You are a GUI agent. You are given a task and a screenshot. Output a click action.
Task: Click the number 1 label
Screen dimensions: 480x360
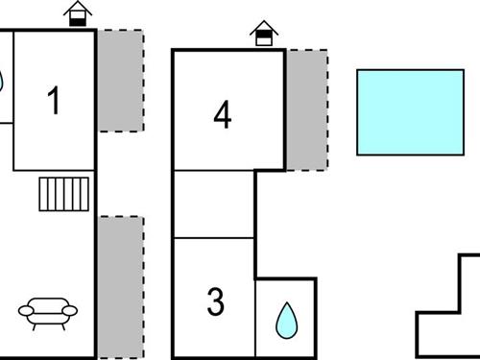pos(55,100)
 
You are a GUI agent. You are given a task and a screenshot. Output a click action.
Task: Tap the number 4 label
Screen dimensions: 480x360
pos(223,115)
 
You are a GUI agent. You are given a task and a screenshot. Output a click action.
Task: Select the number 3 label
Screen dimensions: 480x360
pos(216,302)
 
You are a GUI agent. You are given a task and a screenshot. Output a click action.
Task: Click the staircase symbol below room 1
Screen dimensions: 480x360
pos(65,194)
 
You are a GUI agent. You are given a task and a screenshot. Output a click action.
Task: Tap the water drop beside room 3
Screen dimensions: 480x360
pos(285,321)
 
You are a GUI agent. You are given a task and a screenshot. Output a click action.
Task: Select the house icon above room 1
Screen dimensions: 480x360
pos(79,13)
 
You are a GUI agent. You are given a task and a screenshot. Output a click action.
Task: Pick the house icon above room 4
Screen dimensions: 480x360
pos(263,35)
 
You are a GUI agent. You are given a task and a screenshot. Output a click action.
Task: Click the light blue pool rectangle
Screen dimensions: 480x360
pos(410,111)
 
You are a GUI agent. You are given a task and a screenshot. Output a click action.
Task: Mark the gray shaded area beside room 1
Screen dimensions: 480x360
pos(120,81)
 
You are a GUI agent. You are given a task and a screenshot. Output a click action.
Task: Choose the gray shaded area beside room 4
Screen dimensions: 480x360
pos(307,109)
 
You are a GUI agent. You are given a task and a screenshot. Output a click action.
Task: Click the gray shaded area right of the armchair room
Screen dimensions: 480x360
pos(120,286)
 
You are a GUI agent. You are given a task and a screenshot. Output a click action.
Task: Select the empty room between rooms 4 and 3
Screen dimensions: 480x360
pos(213,204)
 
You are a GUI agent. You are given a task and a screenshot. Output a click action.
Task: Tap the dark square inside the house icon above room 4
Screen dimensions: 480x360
pos(263,39)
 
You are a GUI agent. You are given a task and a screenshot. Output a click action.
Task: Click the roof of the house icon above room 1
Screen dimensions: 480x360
pos(79,7)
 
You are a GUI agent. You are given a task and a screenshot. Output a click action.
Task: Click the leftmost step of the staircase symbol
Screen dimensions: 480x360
pos(44,194)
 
